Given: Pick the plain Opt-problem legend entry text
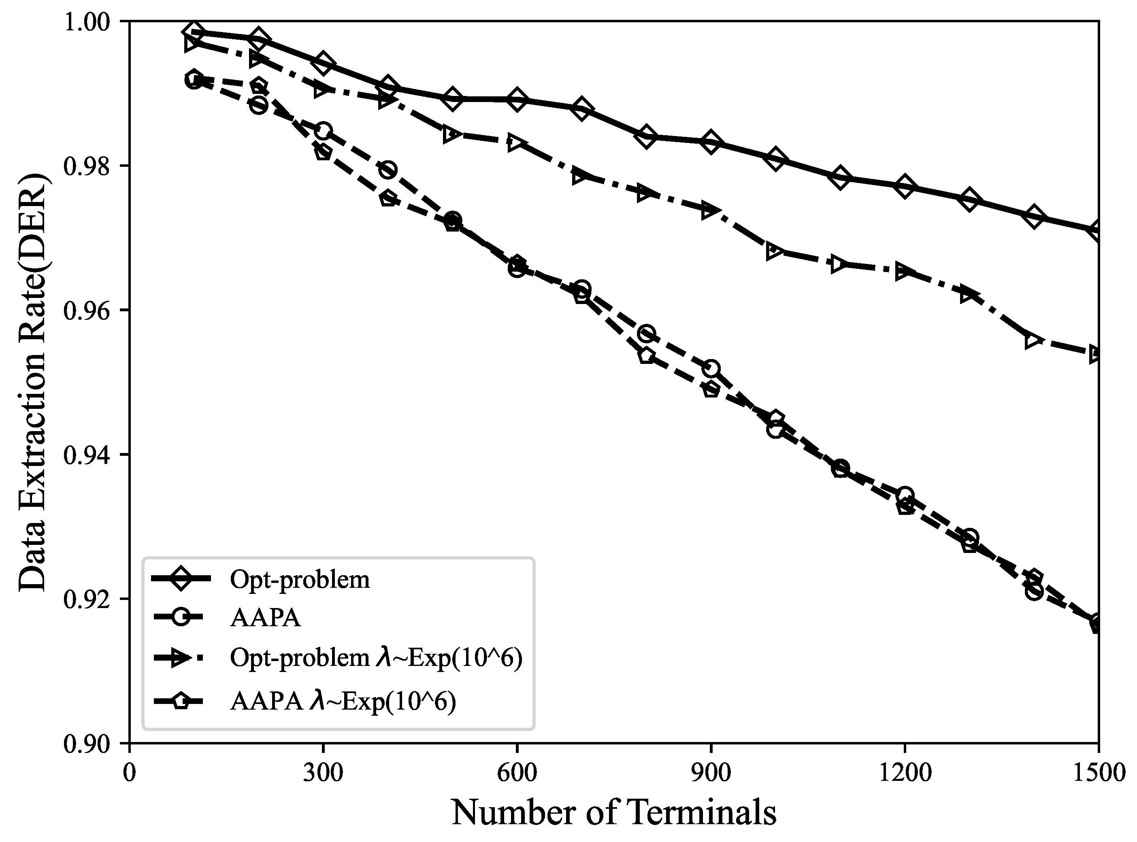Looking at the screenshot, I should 300,580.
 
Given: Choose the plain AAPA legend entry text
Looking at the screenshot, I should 265,618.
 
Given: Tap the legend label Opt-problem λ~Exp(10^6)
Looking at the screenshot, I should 376,658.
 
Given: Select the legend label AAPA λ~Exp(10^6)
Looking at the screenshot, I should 343,702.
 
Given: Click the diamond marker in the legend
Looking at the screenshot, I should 181,579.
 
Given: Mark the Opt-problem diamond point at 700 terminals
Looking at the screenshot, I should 581,110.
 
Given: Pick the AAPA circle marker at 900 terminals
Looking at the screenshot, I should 710,368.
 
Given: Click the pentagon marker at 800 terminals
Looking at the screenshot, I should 646,356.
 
